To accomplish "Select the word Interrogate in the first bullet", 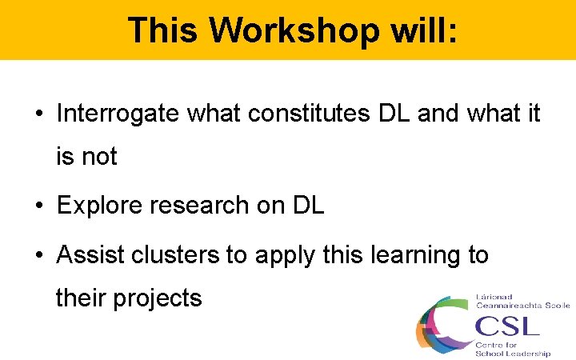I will coord(118,114).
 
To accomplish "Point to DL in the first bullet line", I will coord(394,114).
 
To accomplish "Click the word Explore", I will coord(94,206).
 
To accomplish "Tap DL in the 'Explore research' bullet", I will coord(308,206).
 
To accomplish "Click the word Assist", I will coord(84,254).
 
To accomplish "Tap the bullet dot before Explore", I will coord(39,206).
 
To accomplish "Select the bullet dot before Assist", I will coord(39,255).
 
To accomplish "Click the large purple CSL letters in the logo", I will coord(507,325).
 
